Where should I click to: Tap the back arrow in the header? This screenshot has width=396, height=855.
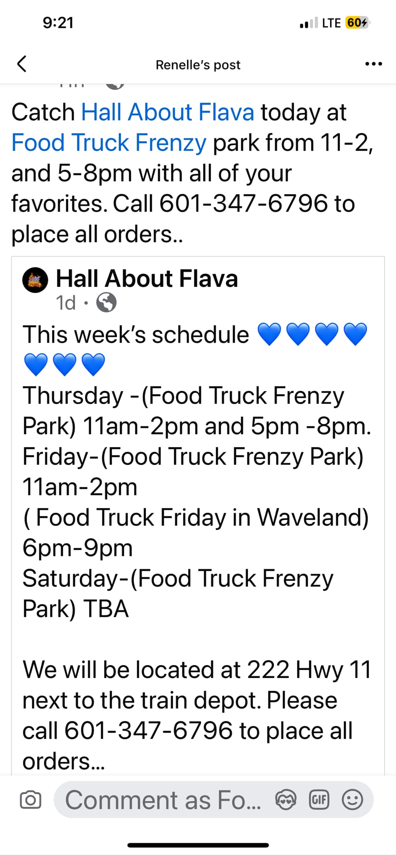coord(22,64)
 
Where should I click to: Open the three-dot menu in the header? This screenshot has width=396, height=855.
coord(373,64)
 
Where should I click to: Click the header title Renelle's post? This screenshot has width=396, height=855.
coord(198,65)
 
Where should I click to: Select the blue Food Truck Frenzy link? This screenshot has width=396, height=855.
coord(109,142)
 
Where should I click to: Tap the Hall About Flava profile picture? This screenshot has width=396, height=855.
coord(35,280)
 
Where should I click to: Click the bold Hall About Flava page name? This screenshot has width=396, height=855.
coord(147,278)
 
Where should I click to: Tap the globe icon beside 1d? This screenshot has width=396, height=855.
coord(107,303)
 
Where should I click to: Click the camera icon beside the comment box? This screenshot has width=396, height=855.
coord(31,800)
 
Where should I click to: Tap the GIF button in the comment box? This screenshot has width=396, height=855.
coord(319,800)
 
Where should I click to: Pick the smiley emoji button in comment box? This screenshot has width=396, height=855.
coord(353,800)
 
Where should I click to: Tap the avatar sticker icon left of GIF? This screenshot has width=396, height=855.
coord(286,800)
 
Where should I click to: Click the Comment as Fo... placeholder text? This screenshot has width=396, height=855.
coord(163,800)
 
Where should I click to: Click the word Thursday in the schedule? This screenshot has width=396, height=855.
coord(73,396)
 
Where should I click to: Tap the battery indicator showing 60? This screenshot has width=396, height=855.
coord(357,23)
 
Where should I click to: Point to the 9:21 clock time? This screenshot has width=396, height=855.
coord(58,23)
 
